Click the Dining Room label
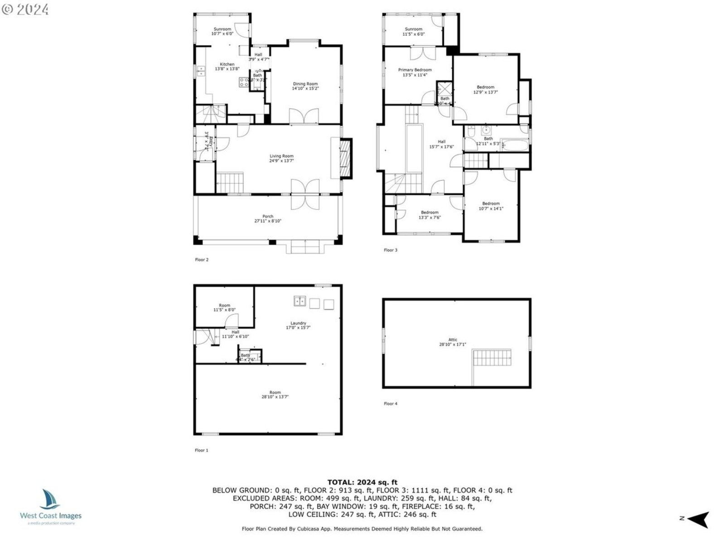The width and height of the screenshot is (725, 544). [305, 86]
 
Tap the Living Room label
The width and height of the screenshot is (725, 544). [281, 158]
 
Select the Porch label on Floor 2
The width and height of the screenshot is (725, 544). [268, 219]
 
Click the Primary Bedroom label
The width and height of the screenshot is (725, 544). [415, 73]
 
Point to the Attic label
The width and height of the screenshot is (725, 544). [453, 342]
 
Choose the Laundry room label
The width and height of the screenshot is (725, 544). [298, 325]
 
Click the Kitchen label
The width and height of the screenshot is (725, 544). [227, 67]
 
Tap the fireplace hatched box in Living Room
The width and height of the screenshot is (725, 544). [346, 159]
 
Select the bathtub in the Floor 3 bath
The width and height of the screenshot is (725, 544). [515, 146]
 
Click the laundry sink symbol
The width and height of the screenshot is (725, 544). [300, 301]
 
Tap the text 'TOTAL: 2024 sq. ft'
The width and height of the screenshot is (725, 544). [362, 482]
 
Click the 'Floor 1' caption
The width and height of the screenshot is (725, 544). [201, 450]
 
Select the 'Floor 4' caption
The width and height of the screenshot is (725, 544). [390, 403]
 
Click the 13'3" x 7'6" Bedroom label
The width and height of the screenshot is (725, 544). [429, 215]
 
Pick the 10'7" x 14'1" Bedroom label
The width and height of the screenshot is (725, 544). [491, 206]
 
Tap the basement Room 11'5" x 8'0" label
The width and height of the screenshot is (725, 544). [224, 308]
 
